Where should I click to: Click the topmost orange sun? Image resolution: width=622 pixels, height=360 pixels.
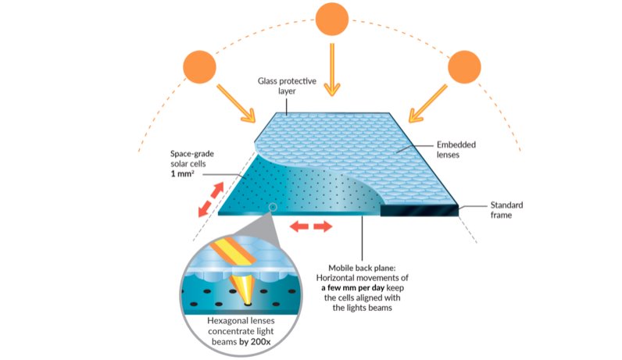(332, 18)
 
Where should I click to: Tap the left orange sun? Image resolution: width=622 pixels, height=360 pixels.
(199, 66)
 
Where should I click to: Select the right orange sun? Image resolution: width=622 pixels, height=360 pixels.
(464, 66)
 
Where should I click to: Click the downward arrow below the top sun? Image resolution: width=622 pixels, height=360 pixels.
(332, 70)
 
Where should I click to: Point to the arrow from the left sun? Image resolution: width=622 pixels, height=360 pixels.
(236, 103)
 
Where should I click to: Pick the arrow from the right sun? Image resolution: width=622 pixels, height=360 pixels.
(428, 103)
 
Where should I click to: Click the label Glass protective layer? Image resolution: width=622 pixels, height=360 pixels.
(287, 86)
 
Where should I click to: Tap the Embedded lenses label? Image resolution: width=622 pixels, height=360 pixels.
(456, 149)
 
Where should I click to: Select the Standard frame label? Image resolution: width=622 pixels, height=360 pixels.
(506, 210)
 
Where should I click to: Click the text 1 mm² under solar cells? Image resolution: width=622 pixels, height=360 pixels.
(183, 173)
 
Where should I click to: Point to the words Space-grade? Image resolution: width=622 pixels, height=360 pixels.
(192, 154)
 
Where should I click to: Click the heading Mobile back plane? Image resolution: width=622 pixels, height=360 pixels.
(362, 268)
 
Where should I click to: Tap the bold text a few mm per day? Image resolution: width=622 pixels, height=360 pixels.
(352, 288)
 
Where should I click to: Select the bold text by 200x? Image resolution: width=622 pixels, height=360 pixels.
(255, 342)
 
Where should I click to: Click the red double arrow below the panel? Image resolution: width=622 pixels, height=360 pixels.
(310, 226)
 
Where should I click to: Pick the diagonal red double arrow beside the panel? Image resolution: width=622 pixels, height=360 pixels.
(211, 199)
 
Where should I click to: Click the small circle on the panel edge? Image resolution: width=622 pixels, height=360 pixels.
(273, 207)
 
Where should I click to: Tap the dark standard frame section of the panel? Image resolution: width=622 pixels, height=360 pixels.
(420, 210)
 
